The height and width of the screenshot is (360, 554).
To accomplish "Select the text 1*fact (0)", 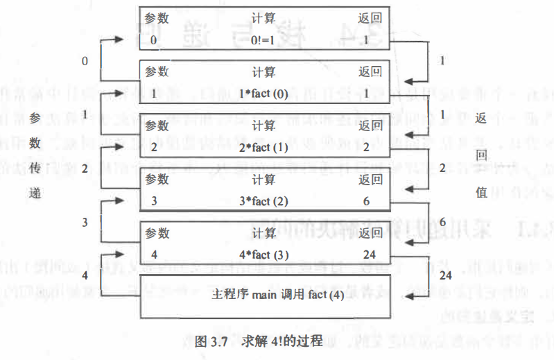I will click(x=264, y=93).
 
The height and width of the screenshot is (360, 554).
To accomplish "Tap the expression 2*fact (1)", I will click(x=264, y=147).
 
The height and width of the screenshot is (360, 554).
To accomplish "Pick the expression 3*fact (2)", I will click(x=264, y=201).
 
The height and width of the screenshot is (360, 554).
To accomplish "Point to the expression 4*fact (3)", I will click(x=264, y=253).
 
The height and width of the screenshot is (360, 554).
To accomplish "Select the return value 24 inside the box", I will click(x=368, y=253).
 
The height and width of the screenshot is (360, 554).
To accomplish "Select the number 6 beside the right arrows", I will click(x=442, y=221).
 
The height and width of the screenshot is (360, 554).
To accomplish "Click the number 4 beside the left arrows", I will click(x=85, y=275).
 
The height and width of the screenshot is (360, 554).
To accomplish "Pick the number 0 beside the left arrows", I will click(x=85, y=61).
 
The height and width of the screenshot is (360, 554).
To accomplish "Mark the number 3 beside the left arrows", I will click(x=85, y=222).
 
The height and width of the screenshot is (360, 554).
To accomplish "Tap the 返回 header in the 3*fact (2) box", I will click(x=370, y=180).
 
